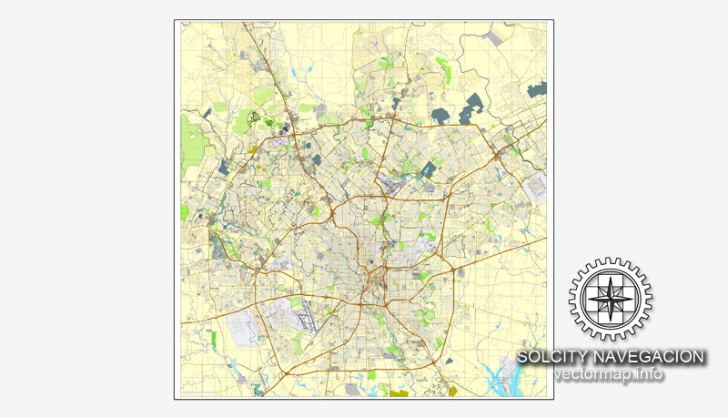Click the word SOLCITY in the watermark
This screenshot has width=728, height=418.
click(x=550, y=357)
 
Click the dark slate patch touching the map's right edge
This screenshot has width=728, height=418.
click(x=537, y=89)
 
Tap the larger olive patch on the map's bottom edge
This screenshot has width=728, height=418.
click(x=399, y=393)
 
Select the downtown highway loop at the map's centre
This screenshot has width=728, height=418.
click(x=374, y=277)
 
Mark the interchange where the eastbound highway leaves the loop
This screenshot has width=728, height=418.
click(x=452, y=270)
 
